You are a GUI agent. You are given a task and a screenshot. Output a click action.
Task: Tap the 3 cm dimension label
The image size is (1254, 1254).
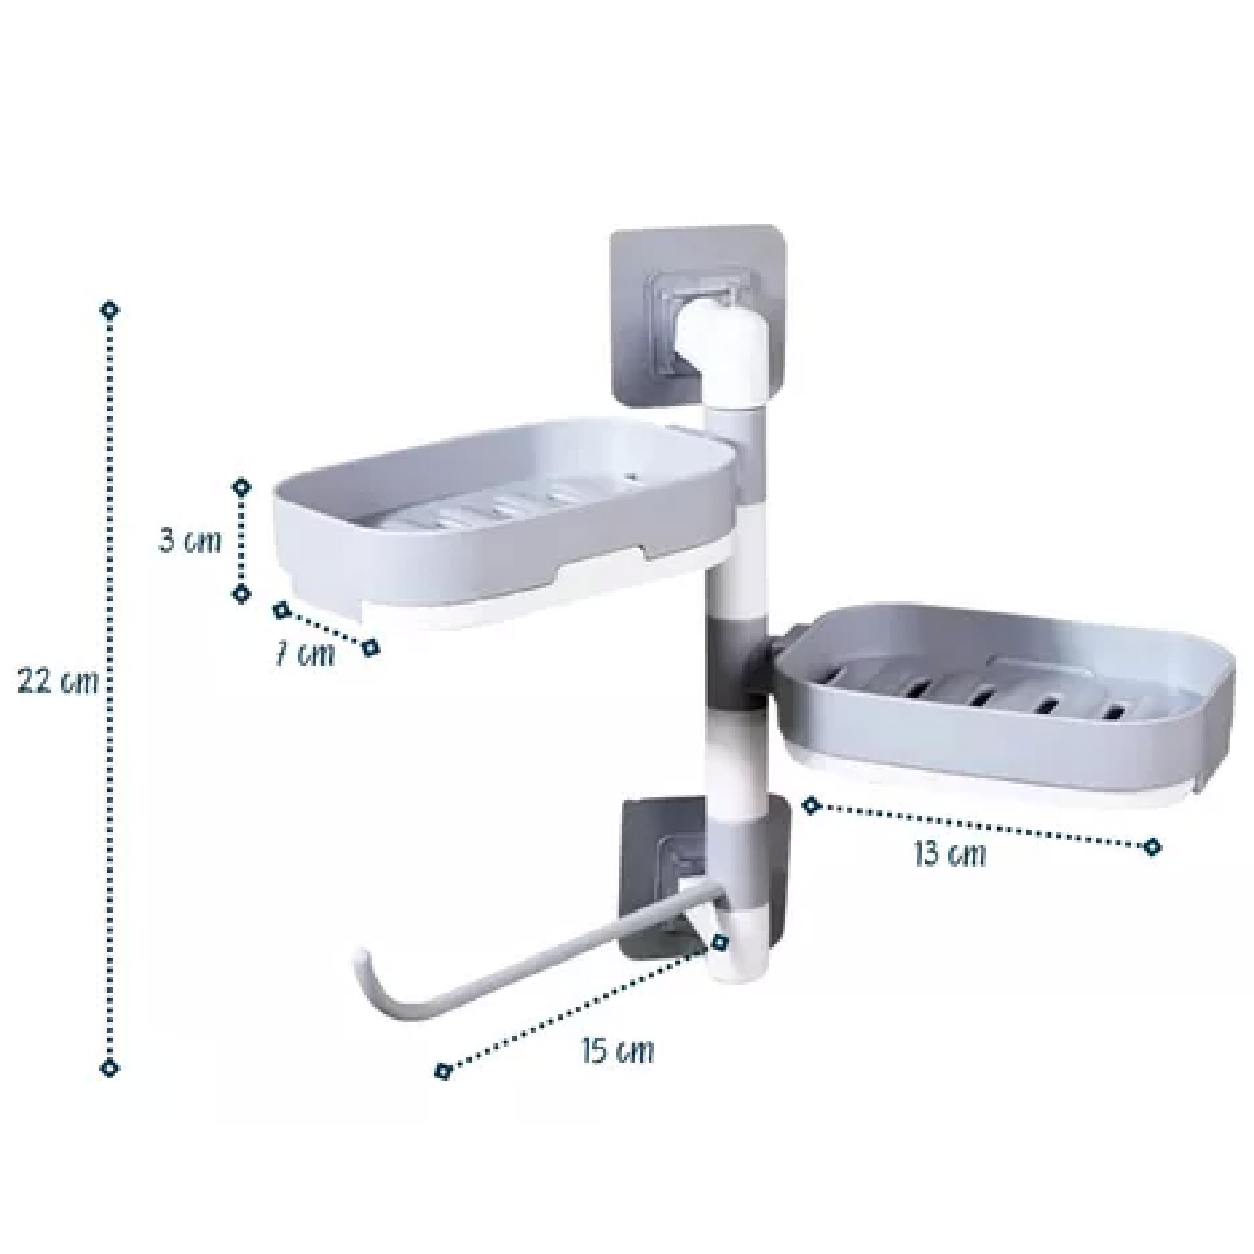click(190, 541)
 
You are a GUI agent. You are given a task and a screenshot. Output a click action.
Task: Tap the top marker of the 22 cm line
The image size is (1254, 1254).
click(110, 310)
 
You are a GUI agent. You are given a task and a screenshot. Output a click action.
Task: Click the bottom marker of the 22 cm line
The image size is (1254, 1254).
click(110, 1067)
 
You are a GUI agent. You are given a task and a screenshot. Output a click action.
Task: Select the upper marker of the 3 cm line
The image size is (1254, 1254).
click(242, 487)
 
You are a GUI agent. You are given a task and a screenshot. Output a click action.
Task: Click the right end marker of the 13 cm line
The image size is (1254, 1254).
click(1152, 846)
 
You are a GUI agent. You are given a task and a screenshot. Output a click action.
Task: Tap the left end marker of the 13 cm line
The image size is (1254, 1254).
click(812, 805)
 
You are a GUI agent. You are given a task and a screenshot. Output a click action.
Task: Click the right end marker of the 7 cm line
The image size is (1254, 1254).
click(371, 647)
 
